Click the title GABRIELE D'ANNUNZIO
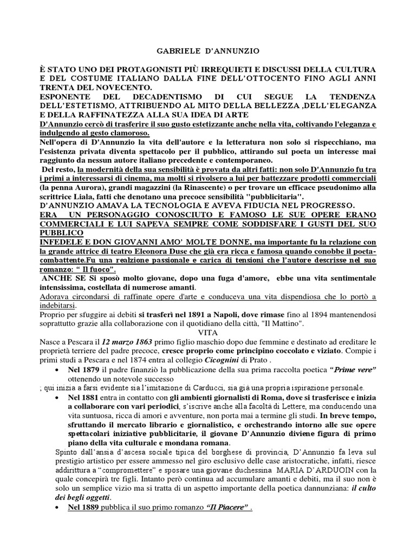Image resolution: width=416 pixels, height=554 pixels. [207, 51]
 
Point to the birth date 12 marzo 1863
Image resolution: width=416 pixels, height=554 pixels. [127, 341]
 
